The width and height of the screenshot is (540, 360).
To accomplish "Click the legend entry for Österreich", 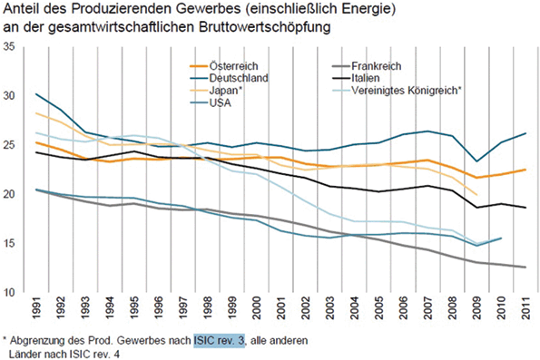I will pos(234,66).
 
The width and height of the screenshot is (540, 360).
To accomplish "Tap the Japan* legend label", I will pos(227,91).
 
